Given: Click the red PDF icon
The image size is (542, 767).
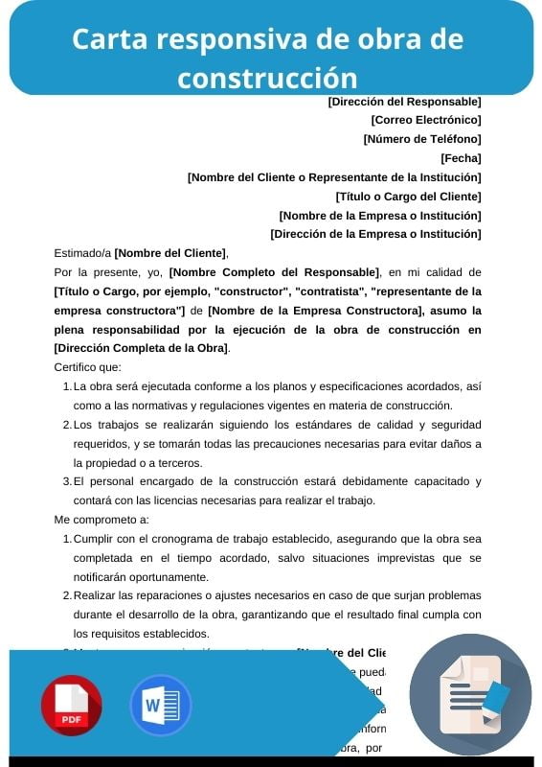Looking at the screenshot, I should pyautogui.click(x=71, y=706).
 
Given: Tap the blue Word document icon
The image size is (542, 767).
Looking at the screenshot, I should pyautogui.click(x=161, y=706).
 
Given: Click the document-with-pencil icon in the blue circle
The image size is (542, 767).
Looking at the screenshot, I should pyautogui.click(x=470, y=694).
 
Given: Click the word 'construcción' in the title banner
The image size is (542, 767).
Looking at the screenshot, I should pyautogui.click(x=267, y=77).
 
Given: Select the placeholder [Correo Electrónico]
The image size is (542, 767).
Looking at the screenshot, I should pyautogui.click(x=425, y=120).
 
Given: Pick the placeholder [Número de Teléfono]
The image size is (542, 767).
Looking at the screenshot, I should pyautogui.click(x=421, y=139).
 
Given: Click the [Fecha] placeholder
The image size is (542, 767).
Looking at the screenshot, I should pyautogui.click(x=461, y=158).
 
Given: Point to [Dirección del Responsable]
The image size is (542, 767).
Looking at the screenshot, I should pyautogui.click(x=404, y=101).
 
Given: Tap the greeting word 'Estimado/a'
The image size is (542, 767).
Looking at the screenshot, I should pyautogui.click(x=82, y=253).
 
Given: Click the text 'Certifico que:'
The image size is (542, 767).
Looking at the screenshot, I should pyautogui.click(x=88, y=367).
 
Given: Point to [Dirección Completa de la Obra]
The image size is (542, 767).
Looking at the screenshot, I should pyautogui.click(x=142, y=348).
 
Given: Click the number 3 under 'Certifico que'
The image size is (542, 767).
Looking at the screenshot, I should pyautogui.click(x=66, y=481).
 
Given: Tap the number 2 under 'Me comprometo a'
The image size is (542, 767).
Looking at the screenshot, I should pyautogui.click(x=66, y=595).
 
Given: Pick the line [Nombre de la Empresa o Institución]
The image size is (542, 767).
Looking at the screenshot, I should pyautogui.click(x=379, y=215).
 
